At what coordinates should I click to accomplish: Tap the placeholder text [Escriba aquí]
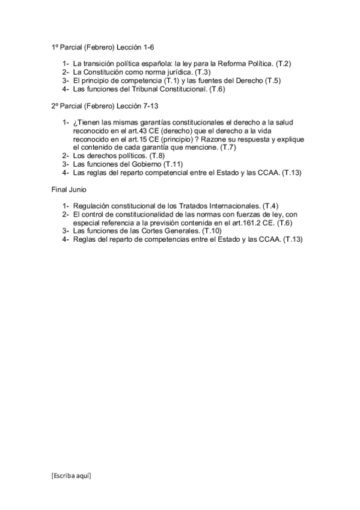point(71,475)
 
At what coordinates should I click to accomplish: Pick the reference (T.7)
point(229,147)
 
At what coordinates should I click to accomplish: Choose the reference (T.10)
point(212,230)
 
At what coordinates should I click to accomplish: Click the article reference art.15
point(132,138)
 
